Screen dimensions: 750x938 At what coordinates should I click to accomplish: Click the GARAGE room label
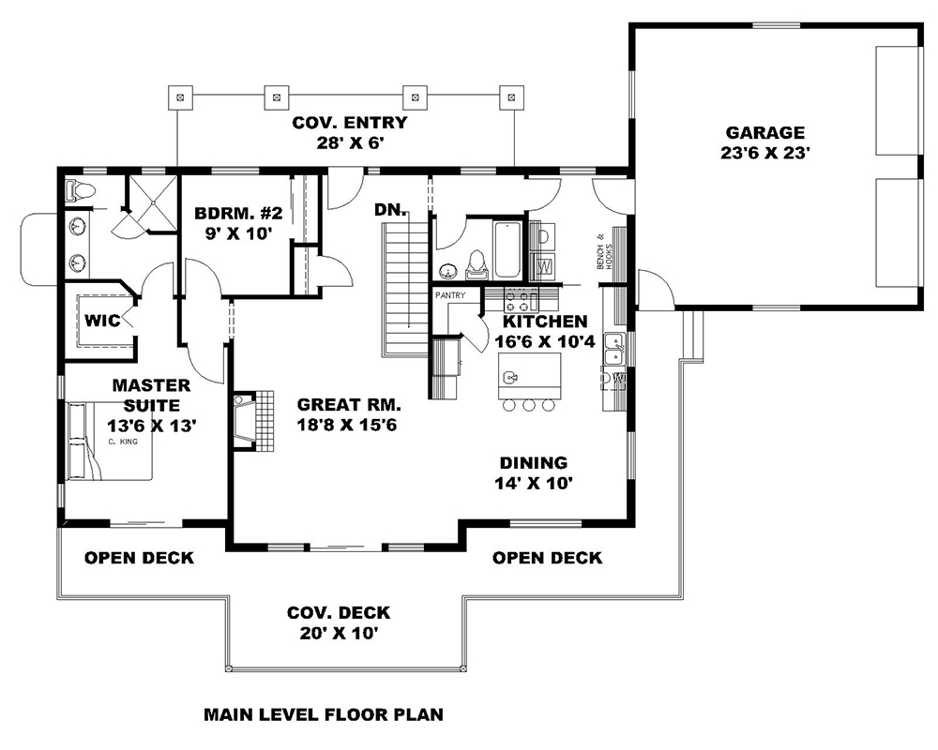coord(764,133)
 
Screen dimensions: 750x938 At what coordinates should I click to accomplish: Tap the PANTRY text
coord(449,295)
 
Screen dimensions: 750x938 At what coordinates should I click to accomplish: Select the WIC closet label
coord(102,321)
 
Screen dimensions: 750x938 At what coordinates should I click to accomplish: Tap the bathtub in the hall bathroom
coord(507,248)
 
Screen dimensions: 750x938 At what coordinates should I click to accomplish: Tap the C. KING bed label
coord(118,441)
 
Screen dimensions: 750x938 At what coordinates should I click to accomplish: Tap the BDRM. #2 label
coord(234,213)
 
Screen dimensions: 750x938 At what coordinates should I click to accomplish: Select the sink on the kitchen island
coord(511,378)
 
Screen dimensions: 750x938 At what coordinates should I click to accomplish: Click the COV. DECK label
coord(339,613)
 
